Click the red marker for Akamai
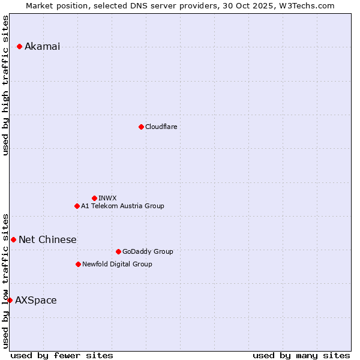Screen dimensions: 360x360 click(x=20, y=46)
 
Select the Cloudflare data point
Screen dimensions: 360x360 click(x=141, y=127)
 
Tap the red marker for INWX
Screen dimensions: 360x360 click(x=94, y=198)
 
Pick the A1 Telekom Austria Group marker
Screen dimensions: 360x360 click(x=77, y=206)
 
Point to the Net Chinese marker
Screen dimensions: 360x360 click(x=13, y=239)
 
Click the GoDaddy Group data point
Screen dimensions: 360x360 click(x=118, y=251)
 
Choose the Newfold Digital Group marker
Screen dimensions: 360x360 click(x=78, y=264)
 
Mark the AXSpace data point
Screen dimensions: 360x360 click(x=10, y=300)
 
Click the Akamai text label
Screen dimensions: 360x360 click(x=42, y=47)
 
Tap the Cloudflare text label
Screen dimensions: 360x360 click(x=161, y=127)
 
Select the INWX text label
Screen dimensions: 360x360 click(x=107, y=198)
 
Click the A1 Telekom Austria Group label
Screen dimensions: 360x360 click(x=122, y=206)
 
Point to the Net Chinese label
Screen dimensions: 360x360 click(x=47, y=240)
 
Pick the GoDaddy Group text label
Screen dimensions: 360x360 click(x=148, y=251)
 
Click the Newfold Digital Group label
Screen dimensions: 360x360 click(x=117, y=264)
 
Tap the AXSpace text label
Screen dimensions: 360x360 click(x=36, y=301)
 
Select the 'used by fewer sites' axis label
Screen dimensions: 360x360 click(x=62, y=355)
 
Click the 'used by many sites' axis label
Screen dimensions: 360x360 click(x=301, y=355)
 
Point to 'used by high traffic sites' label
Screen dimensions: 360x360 click(x=6, y=85)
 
